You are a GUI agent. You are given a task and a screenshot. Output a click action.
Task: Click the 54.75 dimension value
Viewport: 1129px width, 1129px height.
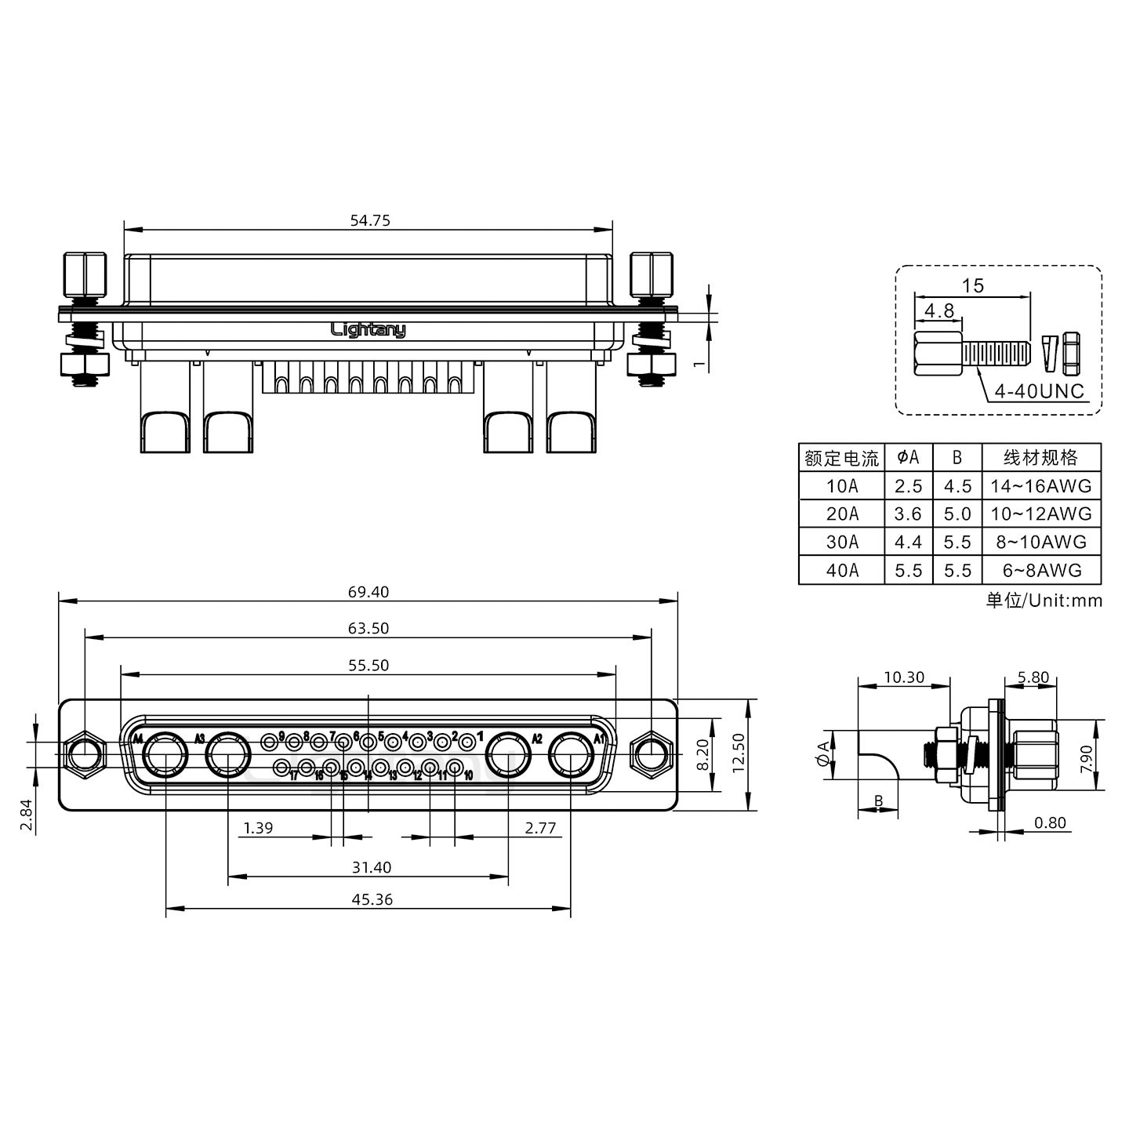(369, 220)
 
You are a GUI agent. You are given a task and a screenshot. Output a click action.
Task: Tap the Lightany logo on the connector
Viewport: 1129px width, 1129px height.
(368, 330)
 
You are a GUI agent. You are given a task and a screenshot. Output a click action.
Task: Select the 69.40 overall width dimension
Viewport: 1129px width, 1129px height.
(368, 592)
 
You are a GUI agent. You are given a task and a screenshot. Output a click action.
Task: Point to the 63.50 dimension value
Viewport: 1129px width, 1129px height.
(368, 628)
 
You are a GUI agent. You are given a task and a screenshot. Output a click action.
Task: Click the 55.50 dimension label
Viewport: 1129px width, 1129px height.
(368, 665)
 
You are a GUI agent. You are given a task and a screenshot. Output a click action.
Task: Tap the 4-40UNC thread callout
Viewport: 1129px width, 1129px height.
(1039, 390)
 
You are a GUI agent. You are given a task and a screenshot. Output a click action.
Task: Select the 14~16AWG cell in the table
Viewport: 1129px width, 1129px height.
(1040, 485)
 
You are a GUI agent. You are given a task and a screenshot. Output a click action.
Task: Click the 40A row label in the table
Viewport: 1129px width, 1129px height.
(841, 570)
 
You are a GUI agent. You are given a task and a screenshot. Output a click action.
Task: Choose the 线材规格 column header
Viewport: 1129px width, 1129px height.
(1040, 457)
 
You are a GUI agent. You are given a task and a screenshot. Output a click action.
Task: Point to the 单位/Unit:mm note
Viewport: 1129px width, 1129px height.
(1044, 601)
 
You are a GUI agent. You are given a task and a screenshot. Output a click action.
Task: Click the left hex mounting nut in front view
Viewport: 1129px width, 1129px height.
(84, 756)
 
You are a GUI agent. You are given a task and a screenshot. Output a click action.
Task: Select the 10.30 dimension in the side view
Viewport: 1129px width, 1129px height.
(903, 677)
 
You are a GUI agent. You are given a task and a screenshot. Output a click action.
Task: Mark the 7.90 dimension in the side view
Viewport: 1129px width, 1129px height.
(1086, 758)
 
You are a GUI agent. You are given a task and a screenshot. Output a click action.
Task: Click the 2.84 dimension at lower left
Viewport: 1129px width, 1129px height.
(26, 815)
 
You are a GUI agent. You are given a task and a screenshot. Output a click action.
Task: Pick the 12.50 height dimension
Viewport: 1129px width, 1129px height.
(739, 754)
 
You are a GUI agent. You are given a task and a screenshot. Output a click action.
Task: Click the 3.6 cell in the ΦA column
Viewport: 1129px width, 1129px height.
(908, 514)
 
